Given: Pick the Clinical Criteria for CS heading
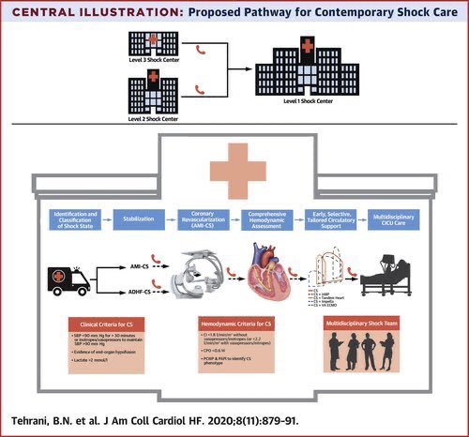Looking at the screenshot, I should click(x=111, y=325).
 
